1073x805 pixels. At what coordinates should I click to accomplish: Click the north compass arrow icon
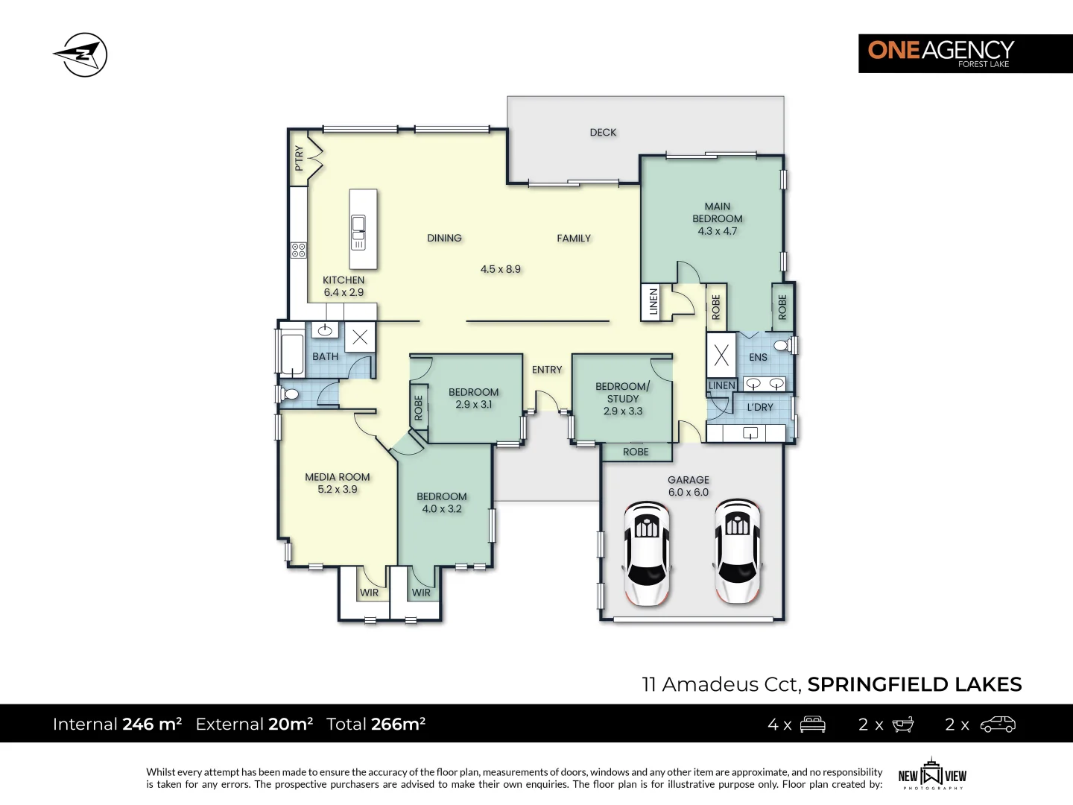(x=80, y=55)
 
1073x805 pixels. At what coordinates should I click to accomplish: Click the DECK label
(x=603, y=133)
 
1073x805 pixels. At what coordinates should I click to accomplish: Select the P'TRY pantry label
(x=299, y=158)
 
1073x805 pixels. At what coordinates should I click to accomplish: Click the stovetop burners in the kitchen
(x=298, y=250)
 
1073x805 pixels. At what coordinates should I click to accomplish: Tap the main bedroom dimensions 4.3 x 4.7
(x=717, y=231)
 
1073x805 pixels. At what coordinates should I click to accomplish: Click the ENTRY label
(x=547, y=370)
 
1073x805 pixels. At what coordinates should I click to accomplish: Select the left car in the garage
(x=646, y=552)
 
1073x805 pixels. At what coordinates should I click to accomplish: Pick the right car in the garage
(x=737, y=550)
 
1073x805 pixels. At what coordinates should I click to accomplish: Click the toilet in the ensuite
(x=783, y=345)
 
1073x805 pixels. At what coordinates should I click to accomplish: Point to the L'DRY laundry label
(x=760, y=407)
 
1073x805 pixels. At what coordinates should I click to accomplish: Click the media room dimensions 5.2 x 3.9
(x=338, y=490)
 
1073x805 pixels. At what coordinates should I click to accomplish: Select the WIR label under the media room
(x=369, y=593)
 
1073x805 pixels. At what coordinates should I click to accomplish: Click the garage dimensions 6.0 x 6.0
(x=689, y=493)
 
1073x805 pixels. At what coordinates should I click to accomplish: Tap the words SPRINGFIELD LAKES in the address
(x=914, y=684)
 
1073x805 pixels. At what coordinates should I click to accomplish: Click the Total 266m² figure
(x=376, y=724)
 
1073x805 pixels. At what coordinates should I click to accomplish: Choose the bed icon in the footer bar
(x=812, y=724)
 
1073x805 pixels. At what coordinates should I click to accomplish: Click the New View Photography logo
(x=931, y=775)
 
